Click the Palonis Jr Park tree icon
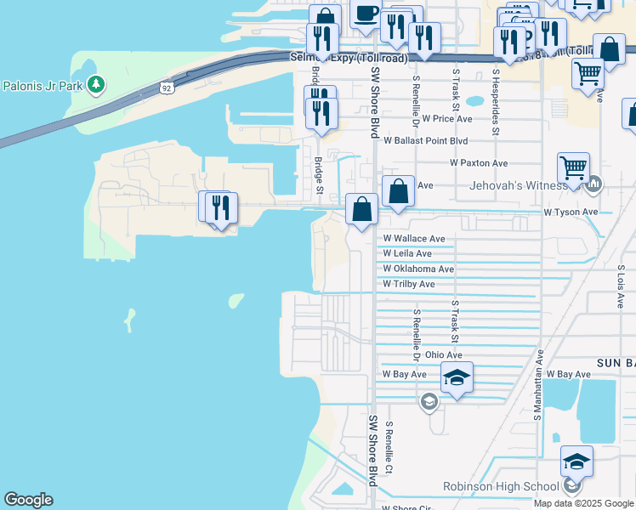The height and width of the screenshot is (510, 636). pyautogui.click(x=98, y=84)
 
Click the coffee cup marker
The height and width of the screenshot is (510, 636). pyautogui.click(x=366, y=14)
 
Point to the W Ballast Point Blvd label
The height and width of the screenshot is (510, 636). pyautogui.click(x=425, y=140)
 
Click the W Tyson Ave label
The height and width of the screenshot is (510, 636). pyautogui.click(x=571, y=212)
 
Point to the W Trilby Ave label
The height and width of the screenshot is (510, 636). pyautogui.click(x=408, y=284)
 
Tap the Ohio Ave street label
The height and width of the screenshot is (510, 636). pyautogui.click(x=443, y=354)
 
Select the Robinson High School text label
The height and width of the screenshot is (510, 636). pyautogui.click(x=501, y=486)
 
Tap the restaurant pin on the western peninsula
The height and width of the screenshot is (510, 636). pyautogui.click(x=219, y=207)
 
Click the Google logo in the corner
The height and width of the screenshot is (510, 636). pyautogui.click(x=28, y=500)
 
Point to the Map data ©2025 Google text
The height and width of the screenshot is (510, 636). pyautogui.click(x=582, y=503)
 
